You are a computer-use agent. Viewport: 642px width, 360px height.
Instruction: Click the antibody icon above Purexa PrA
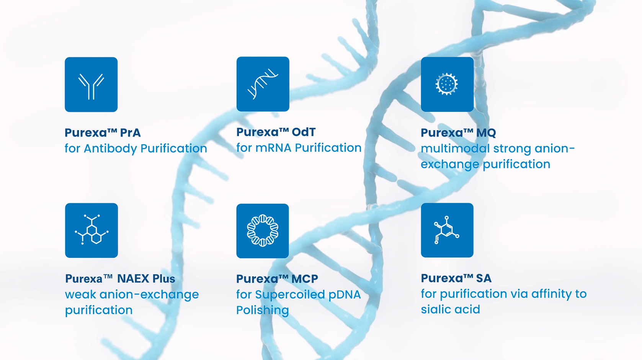[x=91, y=85]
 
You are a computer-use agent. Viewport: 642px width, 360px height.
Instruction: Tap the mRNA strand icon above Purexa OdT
[x=263, y=84]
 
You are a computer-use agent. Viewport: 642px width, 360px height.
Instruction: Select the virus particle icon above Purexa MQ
[x=447, y=84]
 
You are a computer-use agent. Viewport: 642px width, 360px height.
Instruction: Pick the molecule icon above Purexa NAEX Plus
[x=91, y=231]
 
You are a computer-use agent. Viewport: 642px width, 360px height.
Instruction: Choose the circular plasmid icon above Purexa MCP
[x=263, y=231]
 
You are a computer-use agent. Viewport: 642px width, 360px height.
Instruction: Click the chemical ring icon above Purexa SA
[x=447, y=230]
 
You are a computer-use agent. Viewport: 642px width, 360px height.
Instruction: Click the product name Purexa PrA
[x=103, y=133]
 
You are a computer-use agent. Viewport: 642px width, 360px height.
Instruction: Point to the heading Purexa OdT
[x=276, y=132]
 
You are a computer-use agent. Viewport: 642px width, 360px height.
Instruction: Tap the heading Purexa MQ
[x=458, y=133]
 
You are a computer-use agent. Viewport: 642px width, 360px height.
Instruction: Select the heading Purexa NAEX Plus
[x=120, y=278]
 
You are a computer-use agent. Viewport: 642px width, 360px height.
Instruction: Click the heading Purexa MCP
[x=277, y=279]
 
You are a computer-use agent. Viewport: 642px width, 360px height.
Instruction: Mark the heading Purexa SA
[x=456, y=278]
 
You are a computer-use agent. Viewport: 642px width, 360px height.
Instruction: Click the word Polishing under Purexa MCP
[x=263, y=311]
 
